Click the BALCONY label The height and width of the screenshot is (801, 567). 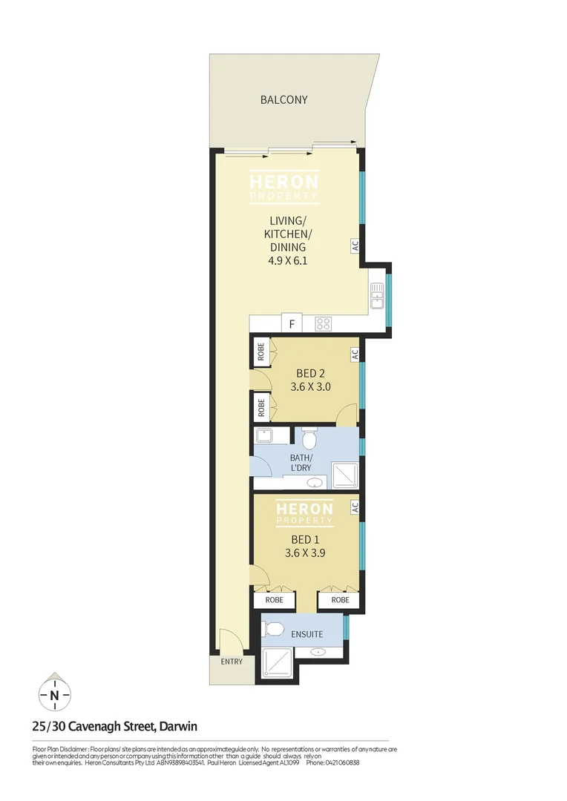(x=283, y=99)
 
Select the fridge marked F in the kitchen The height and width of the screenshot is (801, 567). (x=292, y=324)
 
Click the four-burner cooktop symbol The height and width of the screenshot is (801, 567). (x=324, y=323)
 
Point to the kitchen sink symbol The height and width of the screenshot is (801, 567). (x=377, y=295)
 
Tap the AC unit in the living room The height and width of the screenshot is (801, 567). (x=355, y=245)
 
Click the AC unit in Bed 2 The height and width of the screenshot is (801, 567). (x=355, y=354)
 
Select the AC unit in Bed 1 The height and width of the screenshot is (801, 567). (x=355, y=507)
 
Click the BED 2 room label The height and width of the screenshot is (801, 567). (x=310, y=373)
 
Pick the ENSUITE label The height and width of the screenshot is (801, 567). (x=307, y=634)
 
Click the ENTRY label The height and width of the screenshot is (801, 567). (x=232, y=662)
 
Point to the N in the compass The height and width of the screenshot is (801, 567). (x=55, y=696)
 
